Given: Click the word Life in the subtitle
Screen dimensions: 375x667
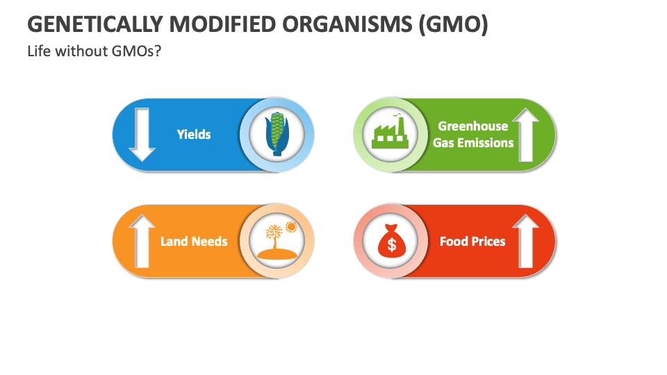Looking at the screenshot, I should tap(39, 51).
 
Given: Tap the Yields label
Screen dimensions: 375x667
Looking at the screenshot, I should tap(194, 134).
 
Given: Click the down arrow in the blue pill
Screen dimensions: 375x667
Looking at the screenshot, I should tap(142, 135).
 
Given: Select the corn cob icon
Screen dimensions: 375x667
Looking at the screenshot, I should tap(277, 135).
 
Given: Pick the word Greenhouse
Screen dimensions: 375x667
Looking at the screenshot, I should tap(472, 126).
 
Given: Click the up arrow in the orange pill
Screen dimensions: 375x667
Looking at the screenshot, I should tap(142, 241).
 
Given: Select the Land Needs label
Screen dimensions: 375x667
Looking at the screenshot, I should tap(194, 242).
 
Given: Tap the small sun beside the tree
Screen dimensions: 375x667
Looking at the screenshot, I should tap(290, 226).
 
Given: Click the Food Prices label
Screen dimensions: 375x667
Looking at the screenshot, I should tap(472, 242).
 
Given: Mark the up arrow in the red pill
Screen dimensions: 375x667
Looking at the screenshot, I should tap(526, 241).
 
